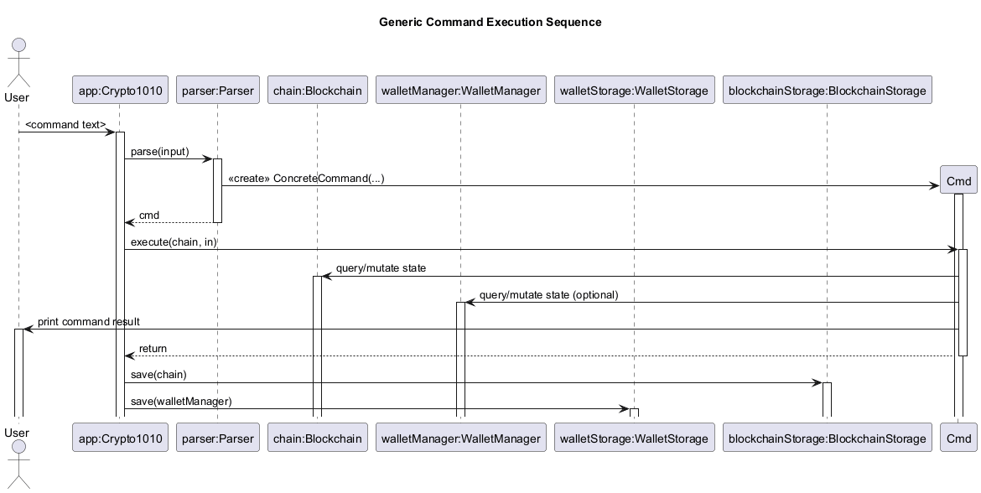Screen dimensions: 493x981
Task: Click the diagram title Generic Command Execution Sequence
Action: point(490,22)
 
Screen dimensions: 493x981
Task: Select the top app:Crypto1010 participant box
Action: point(119,91)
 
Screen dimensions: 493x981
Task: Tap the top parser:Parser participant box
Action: point(217,91)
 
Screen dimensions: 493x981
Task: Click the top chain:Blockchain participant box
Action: point(318,91)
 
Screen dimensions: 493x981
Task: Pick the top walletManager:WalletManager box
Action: point(460,91)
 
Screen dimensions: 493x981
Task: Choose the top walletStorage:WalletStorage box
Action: point(634,91)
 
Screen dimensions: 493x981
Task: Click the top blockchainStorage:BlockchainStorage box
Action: point(827,91)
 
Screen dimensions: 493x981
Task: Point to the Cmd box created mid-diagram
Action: point(958,180)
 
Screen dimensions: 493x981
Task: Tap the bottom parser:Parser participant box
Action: point(217,438)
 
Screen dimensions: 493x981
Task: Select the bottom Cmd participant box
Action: point(958,438)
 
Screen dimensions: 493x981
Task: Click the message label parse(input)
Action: point(159,151)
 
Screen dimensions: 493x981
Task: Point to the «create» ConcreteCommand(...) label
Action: point(306,179)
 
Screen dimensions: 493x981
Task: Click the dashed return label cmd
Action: point(149,215)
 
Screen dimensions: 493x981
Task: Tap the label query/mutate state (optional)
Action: point(548,295)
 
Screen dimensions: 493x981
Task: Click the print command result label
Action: point(89,322)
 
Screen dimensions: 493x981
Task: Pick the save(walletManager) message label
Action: point(181,402)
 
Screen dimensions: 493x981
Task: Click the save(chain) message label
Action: point(158,375)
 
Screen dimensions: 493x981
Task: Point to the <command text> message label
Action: point(65,125)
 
